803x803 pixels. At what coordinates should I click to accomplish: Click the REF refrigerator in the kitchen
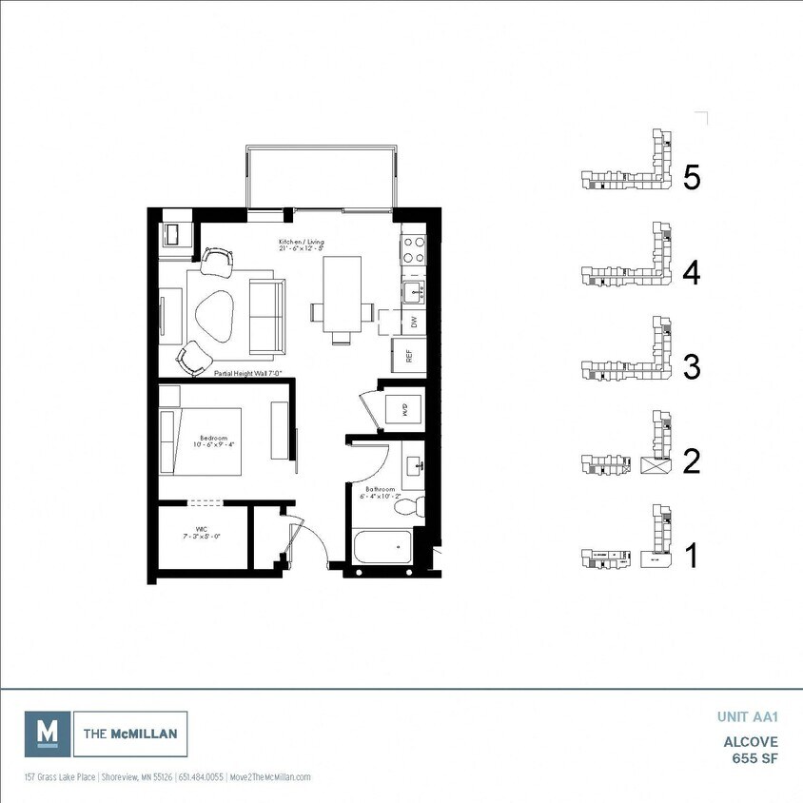click(409, 357)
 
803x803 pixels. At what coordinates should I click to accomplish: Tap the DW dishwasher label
click(413, 322)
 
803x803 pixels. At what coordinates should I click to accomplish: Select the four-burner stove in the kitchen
click(414, 249)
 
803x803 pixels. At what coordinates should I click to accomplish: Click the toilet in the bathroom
click(406, 507)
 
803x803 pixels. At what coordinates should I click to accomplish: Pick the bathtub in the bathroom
click(381, 548)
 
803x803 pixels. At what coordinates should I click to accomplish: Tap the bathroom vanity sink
click(414, 465)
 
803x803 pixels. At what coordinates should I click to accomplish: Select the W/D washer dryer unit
click(403, 410)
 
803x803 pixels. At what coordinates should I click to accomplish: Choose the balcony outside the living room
click(320, 177)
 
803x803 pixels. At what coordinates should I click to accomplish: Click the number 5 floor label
click(692, 178)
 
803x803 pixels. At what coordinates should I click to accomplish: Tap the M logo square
click(47, 734)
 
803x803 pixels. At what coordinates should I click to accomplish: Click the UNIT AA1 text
click(747, 717)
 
